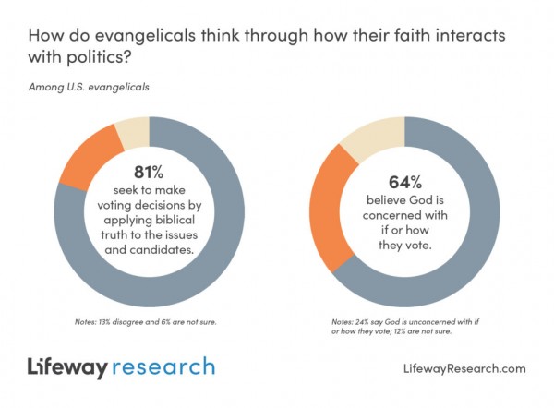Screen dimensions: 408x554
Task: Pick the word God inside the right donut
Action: click(420, 198)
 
